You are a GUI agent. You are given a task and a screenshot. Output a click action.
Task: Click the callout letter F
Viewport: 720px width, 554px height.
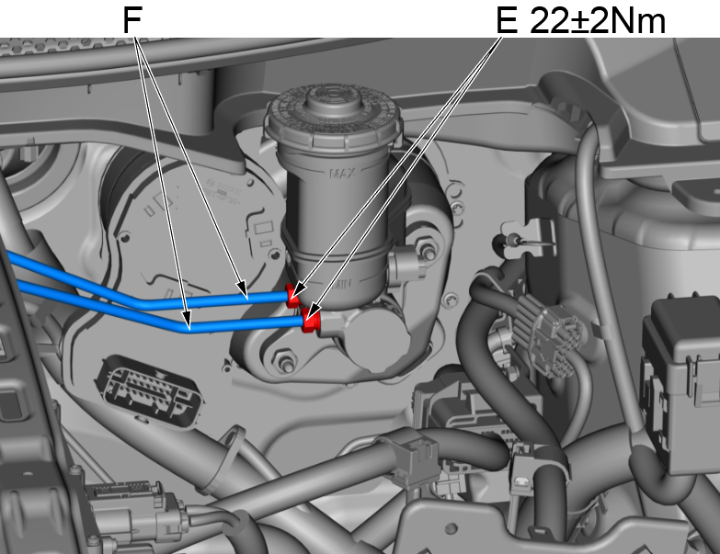point(133,19)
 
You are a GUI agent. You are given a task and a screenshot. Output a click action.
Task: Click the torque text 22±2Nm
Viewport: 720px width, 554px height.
point(598,19)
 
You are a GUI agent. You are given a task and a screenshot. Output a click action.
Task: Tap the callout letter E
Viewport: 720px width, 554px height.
point(506,19)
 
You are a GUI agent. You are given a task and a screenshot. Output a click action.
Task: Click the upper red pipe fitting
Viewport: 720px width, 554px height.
point(294,296)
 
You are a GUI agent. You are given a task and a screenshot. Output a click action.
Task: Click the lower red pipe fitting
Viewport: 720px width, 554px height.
point(310,322)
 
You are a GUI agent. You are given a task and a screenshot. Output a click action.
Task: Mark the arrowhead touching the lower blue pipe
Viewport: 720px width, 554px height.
point(188,324)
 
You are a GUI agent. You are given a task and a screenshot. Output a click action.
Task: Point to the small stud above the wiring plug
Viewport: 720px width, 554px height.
point(503,243)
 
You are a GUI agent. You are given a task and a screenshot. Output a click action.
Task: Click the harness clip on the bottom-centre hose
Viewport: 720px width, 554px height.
point(409,457)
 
